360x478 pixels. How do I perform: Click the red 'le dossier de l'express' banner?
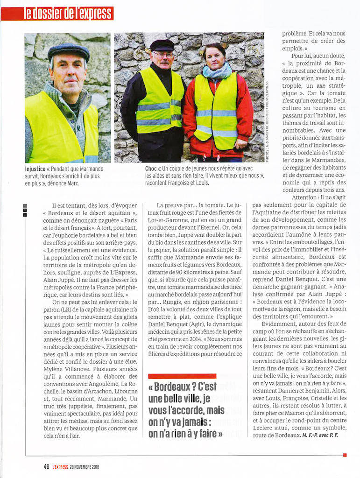click(x=69, y=13)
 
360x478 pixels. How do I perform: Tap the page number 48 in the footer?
click(x=46, y=466)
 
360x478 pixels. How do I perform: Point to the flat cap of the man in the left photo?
click(x=68, y=50)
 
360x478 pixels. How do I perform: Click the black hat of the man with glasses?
click(x=162, y=45)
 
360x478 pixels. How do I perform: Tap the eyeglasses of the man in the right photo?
click(x=163, y=55)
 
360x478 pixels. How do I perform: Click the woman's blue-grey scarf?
click(x=218, y=72)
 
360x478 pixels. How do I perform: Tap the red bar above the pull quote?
click(x=182, y=376)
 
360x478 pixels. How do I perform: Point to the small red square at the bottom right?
click(x=345, y=455)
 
